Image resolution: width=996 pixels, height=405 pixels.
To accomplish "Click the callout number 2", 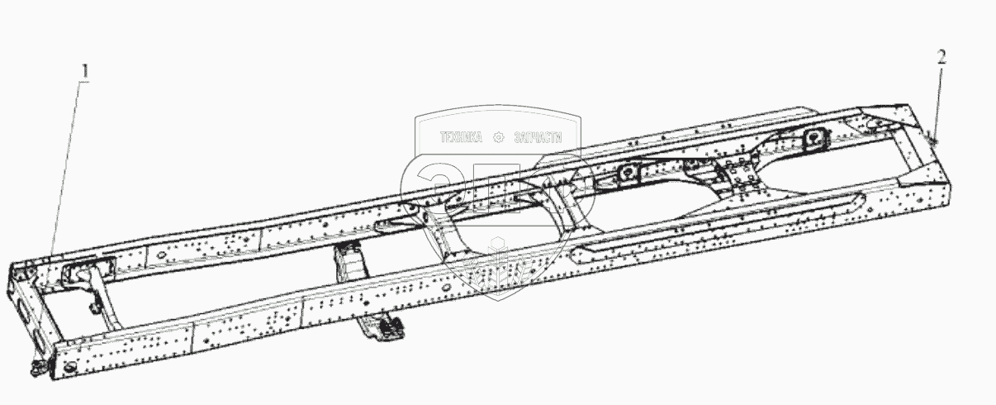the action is [x=941, y=57].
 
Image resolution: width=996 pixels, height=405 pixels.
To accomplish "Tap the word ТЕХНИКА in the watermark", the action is [x=460, y=138].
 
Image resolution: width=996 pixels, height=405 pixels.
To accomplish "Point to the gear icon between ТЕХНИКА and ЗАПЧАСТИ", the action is [x=498, y=138].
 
